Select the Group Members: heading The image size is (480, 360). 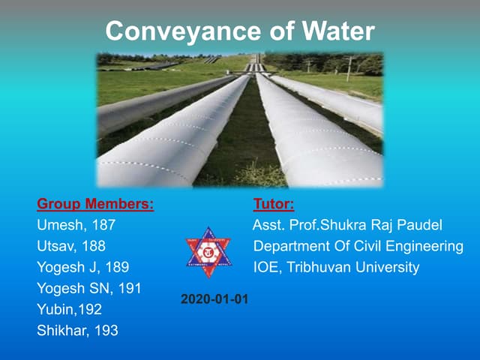(95, 203)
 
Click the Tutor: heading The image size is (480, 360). (274, 203)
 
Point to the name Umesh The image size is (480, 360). (58, 224)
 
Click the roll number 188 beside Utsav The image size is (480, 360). (94, 245)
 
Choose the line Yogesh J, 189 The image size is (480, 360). (82, 266)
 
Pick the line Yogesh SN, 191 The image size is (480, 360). (89, 287)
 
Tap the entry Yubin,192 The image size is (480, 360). (69, 308)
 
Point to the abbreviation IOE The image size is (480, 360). (267, 266)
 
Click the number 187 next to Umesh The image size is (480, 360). (102, 224)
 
